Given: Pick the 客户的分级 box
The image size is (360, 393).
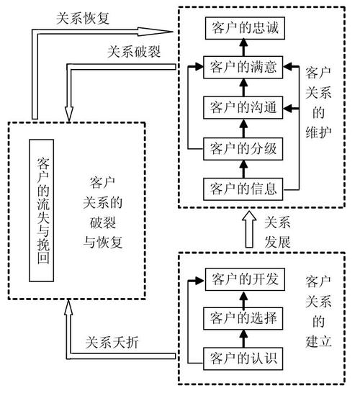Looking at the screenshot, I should coord(241,149).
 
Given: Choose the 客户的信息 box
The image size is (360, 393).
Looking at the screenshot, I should coord(241,189).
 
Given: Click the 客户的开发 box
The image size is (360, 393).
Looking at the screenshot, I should coord(241,278).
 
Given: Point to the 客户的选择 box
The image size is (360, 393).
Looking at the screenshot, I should coord(241,317).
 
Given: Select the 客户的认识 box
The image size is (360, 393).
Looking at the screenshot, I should coord(241,356).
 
